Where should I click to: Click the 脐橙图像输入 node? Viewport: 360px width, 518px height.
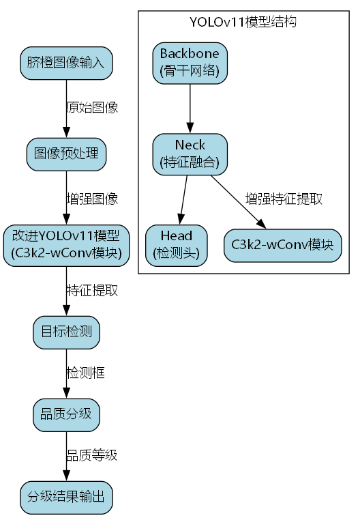[x=66, y=63]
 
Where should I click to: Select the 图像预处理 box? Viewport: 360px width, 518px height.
[x=66, y=154]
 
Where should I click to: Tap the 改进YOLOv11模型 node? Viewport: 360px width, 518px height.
[x=66, y=244]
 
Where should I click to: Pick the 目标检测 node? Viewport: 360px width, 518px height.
[x=66, y=332]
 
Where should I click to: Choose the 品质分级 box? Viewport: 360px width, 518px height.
[x=66, y=414]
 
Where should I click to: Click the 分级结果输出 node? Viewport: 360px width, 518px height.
[x=66, y=496]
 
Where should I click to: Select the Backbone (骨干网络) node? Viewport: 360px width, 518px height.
[x=190, y=62]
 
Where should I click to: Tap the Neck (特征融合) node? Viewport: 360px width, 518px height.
[x=190, y=153]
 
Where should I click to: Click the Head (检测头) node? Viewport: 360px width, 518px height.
[x=177, y=244]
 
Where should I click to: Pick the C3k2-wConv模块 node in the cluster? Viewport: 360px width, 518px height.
[x=282, y=244]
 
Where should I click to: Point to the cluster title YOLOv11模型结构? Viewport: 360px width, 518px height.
[x=243, y=22]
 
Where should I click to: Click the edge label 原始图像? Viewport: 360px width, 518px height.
[x=92, y=108]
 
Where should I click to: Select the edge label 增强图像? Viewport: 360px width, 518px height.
[x=92, y=199]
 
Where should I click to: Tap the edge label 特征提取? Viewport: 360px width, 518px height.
[x=92, y=290]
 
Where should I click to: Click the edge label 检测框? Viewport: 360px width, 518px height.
[x=85, y=373]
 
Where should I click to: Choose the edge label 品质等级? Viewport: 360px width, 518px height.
[x=92, y=455]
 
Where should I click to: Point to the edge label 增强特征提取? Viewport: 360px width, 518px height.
[x=284, y=199]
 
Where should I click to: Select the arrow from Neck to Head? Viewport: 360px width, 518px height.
[x=183, y=198]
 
